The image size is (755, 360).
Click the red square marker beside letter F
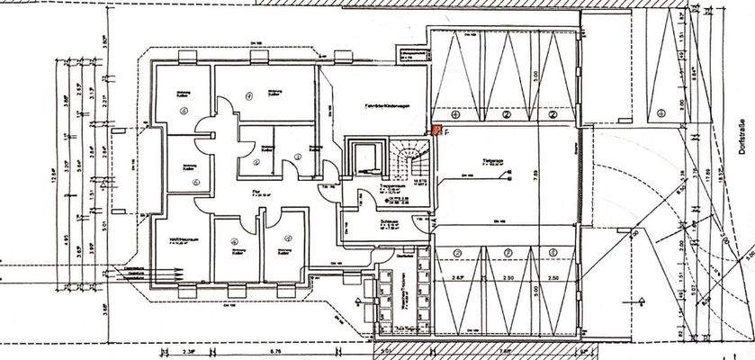(x=436, y=130)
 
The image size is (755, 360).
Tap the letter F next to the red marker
(x=446, y=132)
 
